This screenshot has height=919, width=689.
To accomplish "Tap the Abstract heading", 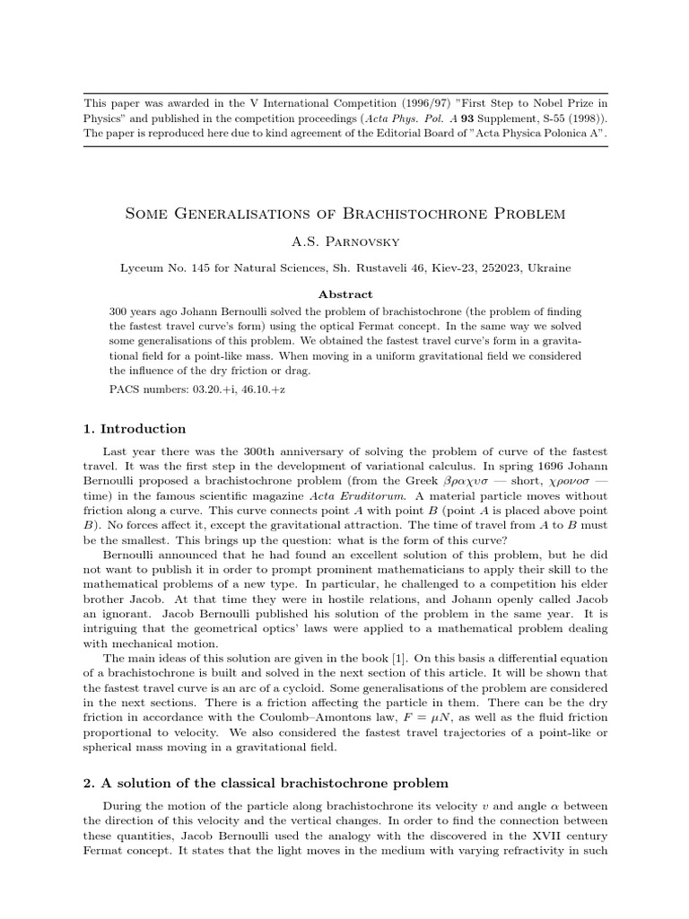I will [x=344, y=293].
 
